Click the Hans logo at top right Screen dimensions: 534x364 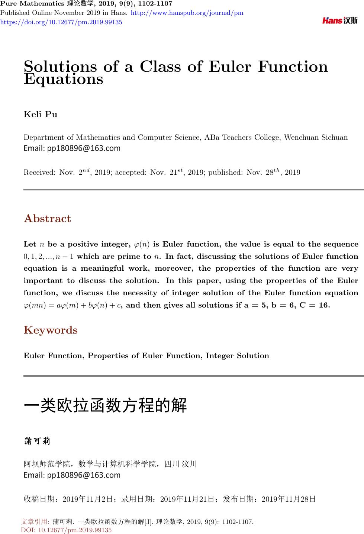coord(340,20)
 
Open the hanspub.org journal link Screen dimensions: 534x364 coord(187,13)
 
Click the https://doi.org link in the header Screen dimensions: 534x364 coord(61,22)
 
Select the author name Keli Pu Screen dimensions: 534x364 coord(41,114)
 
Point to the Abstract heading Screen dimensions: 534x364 coord(47,219)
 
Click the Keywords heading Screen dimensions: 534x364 coord(51,330)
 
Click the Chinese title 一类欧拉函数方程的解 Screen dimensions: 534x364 coord(105,405)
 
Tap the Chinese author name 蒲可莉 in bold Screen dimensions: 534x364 coord(37,441)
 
